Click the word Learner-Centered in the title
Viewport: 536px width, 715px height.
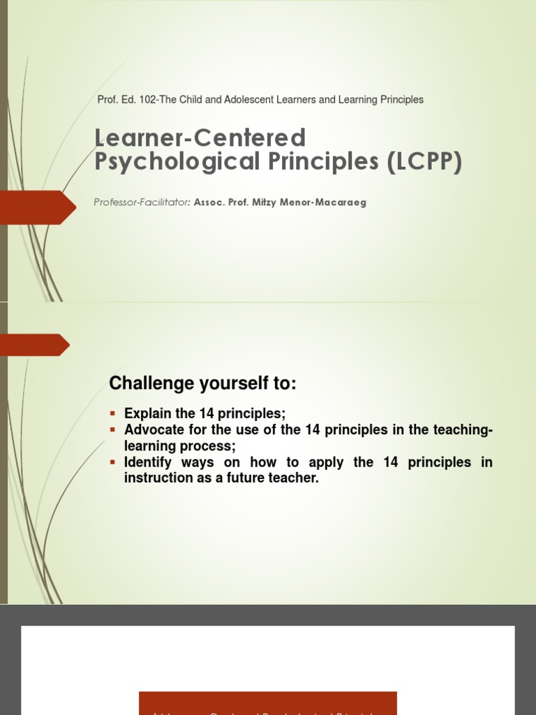click(x=200, y=138)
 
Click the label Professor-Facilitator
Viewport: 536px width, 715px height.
click(x=142, y=202)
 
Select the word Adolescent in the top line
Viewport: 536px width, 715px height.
click(x=244, y=100)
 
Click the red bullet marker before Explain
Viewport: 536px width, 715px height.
click(x=114, y=413)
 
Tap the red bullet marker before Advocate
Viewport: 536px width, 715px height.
click(x=114, y=430)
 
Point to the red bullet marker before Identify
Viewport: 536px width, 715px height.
click(x=114, y=463)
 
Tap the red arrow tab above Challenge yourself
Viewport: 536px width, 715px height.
click(x=35, y=345)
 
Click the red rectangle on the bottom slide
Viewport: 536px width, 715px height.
click(x=268, y=703)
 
